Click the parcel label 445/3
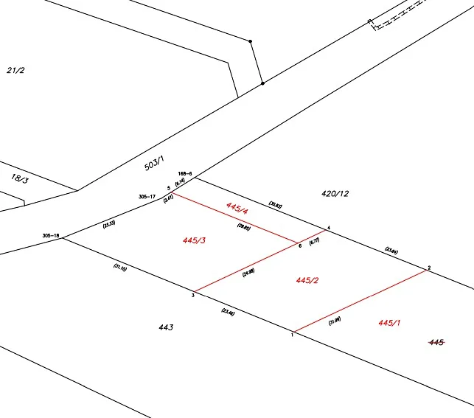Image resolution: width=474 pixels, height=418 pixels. (193, 240)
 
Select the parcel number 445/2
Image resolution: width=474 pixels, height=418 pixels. (307, 280)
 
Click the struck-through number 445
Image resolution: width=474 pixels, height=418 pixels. (436, 342)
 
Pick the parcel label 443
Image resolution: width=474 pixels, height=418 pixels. (166, 327)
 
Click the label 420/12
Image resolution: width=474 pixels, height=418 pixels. (335, 194)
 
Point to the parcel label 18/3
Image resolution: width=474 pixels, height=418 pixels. (20, 178)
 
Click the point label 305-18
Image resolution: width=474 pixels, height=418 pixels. (51, 236)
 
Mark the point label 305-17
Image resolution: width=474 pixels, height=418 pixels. (147, 197)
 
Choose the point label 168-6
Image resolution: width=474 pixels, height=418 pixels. (185, 174)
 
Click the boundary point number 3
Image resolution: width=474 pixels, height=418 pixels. (192, 296)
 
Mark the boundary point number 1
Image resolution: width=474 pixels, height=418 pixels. (293, 335)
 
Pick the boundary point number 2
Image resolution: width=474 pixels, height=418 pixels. (429, 267)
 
